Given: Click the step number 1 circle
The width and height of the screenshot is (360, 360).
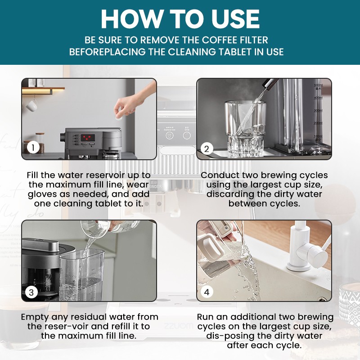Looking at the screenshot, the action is pos(33,148).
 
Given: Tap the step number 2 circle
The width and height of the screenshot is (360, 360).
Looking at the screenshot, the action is pos(207,149).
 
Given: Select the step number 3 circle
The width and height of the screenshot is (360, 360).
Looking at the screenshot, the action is pos(31,292).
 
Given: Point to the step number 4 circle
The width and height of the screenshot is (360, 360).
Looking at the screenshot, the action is pos(207,292).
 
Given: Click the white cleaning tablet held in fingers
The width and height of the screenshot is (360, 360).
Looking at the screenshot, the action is pos(118,115).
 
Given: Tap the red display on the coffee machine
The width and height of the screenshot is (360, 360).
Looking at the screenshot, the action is pos(88,138).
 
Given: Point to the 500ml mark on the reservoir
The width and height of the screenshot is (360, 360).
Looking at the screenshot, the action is pos(318,85).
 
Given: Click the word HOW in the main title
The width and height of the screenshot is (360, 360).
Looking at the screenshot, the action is pos(132,19).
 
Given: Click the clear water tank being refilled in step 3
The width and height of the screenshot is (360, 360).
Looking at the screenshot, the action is pos(82,275).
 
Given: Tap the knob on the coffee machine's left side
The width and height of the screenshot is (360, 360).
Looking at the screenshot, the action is pos(63,137).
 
